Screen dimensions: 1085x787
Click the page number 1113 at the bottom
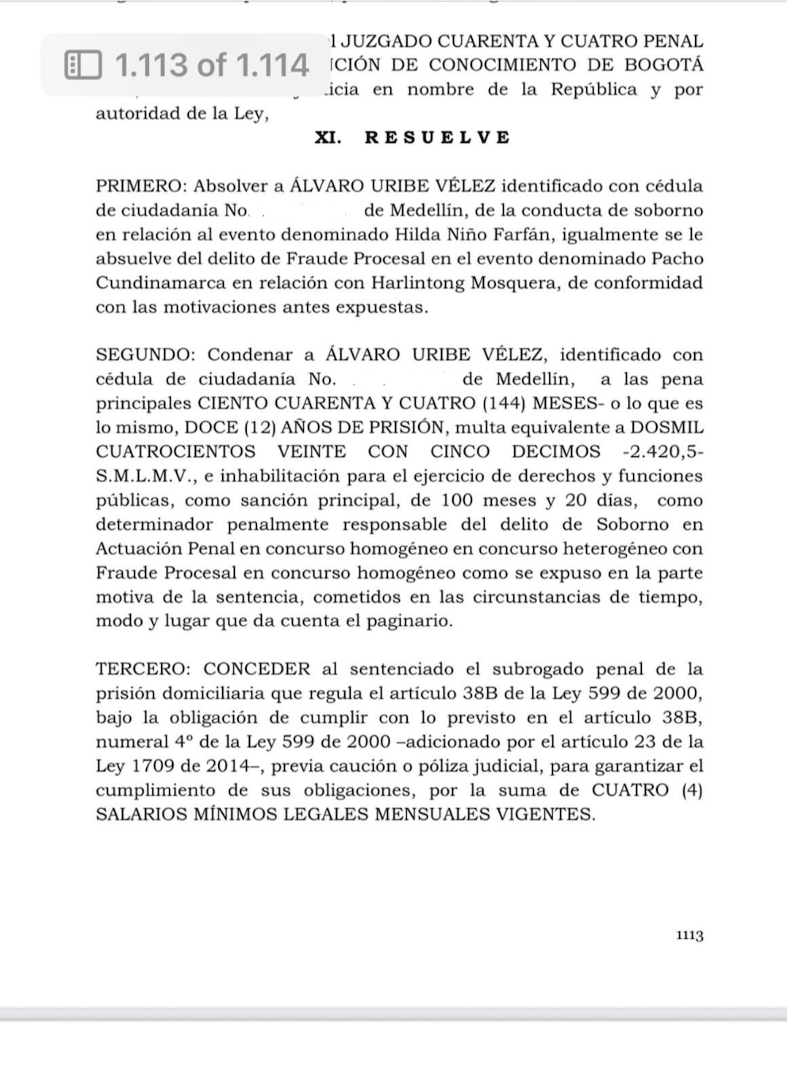click(689, 936)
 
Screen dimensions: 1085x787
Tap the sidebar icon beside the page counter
click(83, 65)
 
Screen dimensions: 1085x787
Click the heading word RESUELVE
click(437, 137)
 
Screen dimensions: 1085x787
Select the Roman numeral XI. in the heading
click(328, 137)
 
